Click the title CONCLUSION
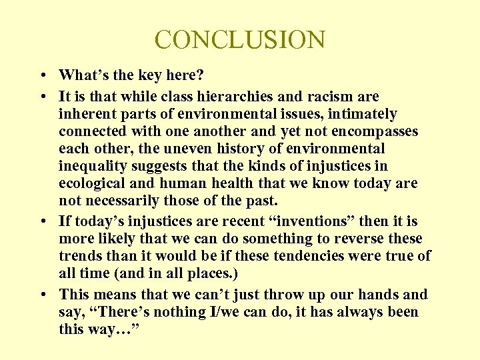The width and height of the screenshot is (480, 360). pyautogui.click(x=240, y=39)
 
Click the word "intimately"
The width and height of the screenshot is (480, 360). pyautogui.click(x=361, y=114)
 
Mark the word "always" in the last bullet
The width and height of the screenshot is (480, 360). pyautogui.click(x=367, y=311)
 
